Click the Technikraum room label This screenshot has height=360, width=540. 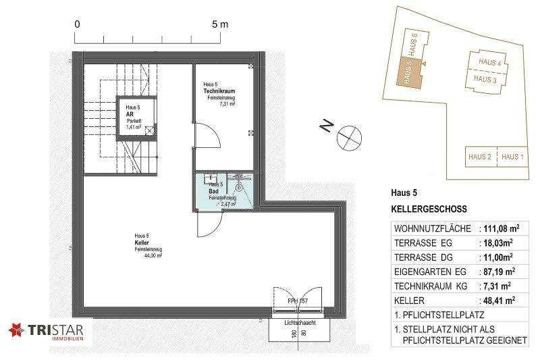pos(219,91)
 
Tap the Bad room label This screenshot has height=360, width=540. pos(213,191)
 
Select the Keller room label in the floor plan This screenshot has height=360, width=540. pos(142,243)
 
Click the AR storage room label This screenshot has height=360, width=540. pos(130,114)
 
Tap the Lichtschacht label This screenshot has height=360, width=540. pos(300,323)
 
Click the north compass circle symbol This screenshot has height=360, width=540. pos(349,138)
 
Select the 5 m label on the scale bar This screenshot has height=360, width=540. pos(220,24)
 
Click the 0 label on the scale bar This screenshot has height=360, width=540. pos(77,24)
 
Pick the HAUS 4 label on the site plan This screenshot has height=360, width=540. pos(489,62)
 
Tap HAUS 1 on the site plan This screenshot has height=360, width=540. pos(512,157)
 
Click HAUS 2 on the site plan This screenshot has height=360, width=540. pos(480,157)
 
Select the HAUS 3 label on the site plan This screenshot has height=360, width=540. pos(485,79)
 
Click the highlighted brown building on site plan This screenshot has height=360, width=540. pos(409,73)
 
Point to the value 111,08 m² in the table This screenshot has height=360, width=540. pos(502,228)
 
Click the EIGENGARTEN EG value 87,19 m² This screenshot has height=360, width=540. pos(499,272)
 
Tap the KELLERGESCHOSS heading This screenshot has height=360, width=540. pos(429,209)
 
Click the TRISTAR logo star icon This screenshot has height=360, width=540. pos(17,330)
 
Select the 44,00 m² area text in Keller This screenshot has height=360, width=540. pos(153,255)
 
